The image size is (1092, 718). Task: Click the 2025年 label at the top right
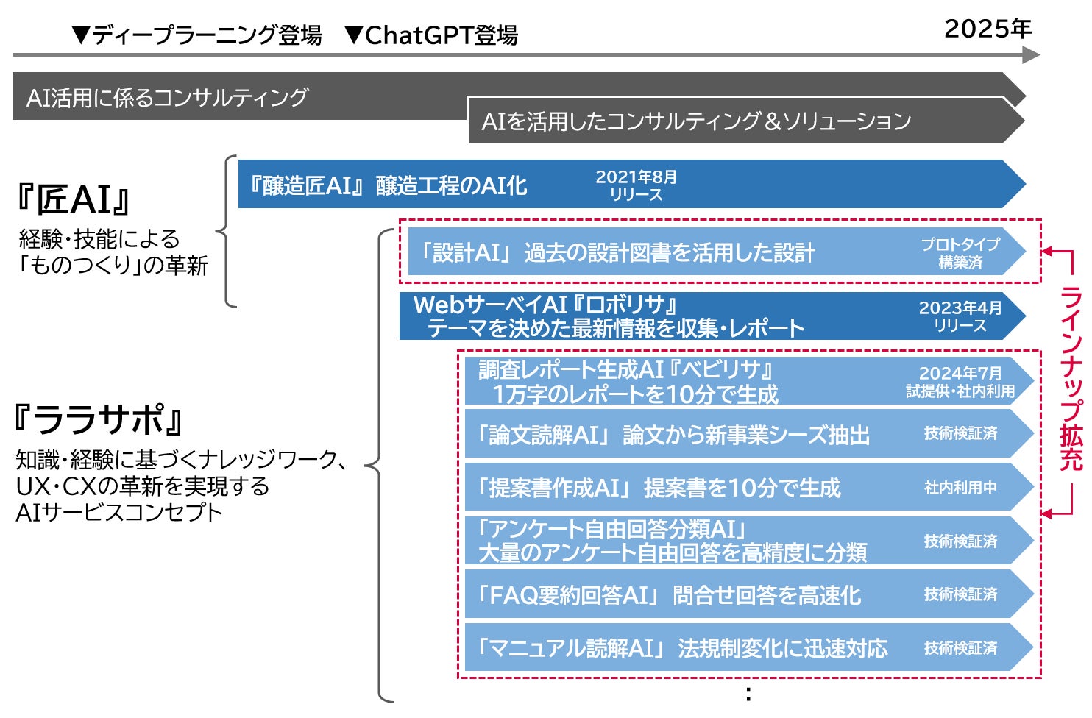(x=988, y=29)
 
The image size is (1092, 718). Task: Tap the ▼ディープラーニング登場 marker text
(x=197, y=35)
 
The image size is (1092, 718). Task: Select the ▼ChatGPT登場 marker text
(x=432, y=35)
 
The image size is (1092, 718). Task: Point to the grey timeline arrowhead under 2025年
(x=1032, y=54)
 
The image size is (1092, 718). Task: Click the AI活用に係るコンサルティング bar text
(x=168, y=97)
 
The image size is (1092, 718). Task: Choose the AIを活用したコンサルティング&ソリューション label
(x=696, y=121)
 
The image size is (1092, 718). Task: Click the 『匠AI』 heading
(x=73, y=199)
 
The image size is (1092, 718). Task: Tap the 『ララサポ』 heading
(x=98, y=420)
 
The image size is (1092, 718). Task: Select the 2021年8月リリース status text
(x=636, y=185)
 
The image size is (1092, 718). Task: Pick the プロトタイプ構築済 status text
(x=960, y=252)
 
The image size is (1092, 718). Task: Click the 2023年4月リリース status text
(x=960, y=316)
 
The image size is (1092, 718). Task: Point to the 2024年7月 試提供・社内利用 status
(x=960, y=382)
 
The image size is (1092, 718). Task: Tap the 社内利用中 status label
(x=960, y=488)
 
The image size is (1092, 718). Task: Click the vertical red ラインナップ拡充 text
(x=1071, y=379)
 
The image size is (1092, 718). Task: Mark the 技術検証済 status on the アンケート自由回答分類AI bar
(x=960, y=541)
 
